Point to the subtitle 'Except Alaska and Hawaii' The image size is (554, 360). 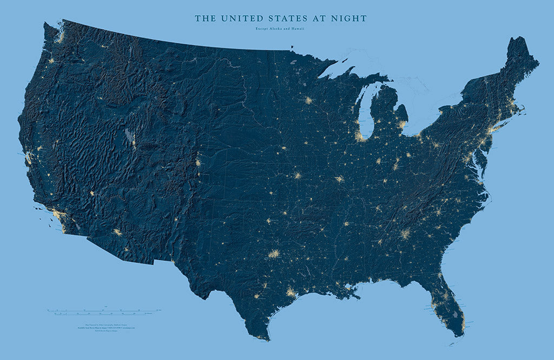(281, 29)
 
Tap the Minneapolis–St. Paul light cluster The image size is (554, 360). (308, 101)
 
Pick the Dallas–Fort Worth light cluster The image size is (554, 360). (274, 253)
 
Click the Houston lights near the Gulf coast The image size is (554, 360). (291, 293)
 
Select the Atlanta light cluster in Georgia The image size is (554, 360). (405, 234)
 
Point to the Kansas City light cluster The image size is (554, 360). (297, 175)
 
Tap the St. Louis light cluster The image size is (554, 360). (339, 179)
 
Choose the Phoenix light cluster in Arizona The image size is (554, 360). (117, 232)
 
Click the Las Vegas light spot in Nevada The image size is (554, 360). (91, 193)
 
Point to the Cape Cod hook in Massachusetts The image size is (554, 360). (522, 111)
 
